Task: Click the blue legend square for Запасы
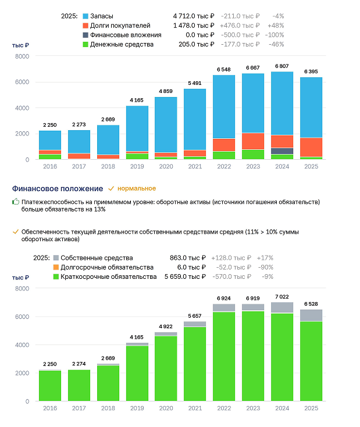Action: click(85, 16)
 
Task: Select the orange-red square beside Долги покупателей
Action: click(85, 26)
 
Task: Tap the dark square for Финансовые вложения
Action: click(85, 35)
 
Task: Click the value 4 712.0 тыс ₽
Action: click(194, 16)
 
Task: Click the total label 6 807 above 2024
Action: click(282, 66)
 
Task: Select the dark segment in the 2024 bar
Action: click(282, 151)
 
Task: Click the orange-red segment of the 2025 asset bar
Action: click(311, 148)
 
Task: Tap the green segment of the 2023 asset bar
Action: click(253, 155)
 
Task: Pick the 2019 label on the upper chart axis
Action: click(137, 166)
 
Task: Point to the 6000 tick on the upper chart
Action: click(22, 82)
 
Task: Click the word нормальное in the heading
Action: click(137, 188)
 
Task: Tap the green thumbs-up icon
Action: click(16, 202)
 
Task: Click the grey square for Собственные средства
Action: click(56, 257)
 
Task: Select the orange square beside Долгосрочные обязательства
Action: click(56, 267)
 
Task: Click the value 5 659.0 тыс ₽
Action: click(185, 277)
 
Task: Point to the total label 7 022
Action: click(282, 296)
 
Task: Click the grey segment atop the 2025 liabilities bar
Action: click(311, 315)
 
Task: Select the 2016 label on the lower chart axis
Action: click(50, 408)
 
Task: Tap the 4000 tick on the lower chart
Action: click(22, 345)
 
